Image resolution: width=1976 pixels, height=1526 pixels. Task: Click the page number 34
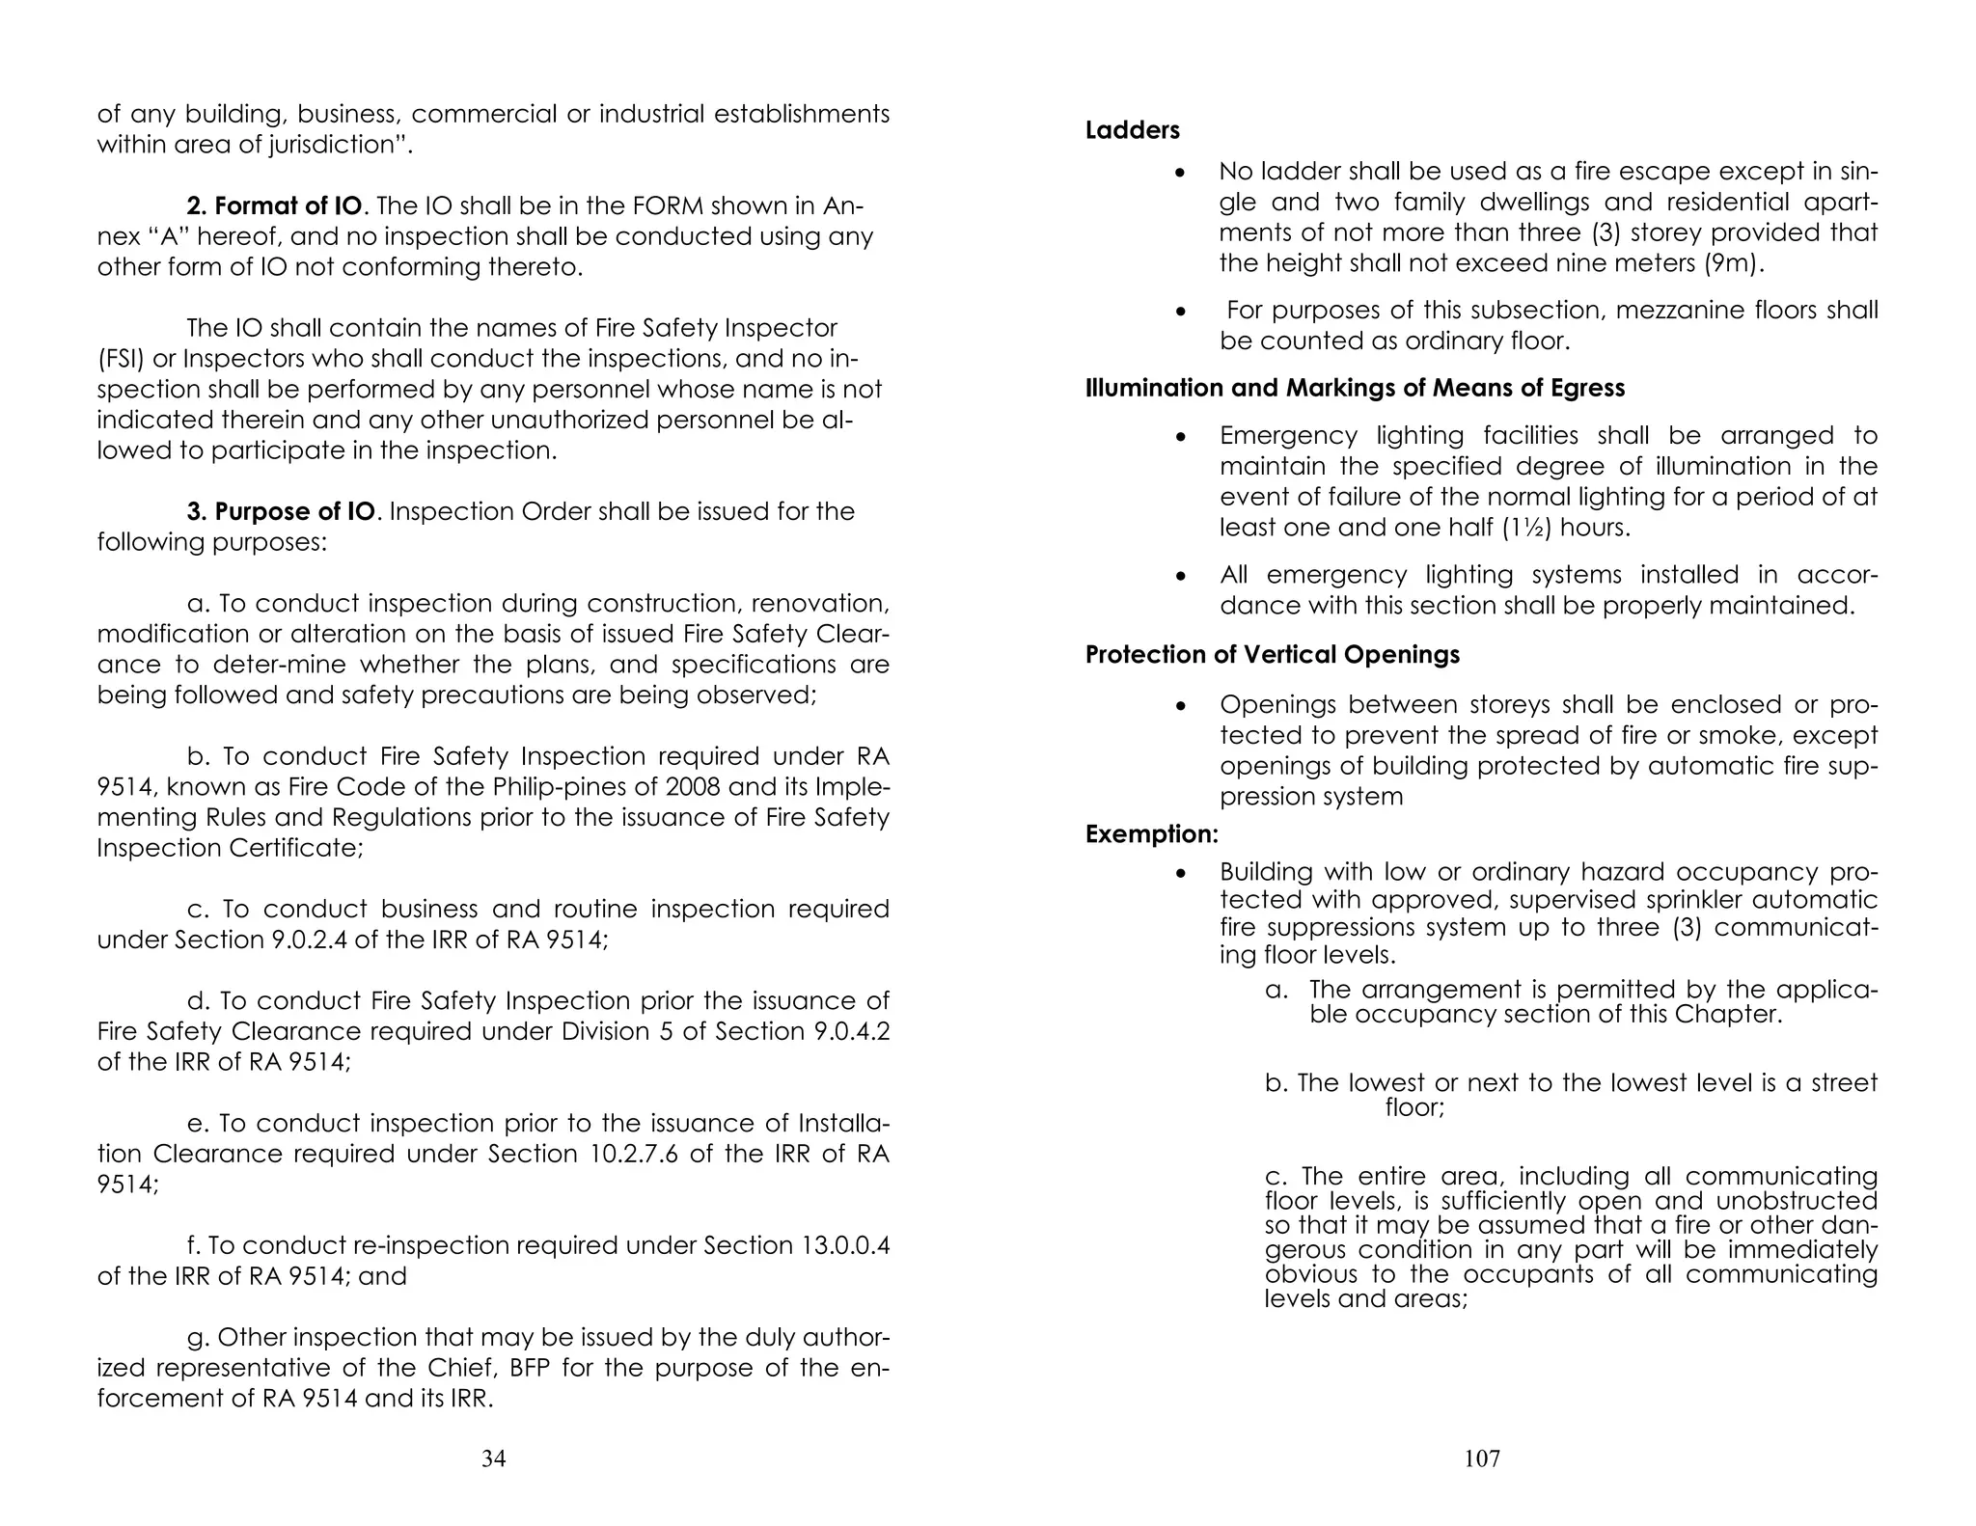pos(493,1458)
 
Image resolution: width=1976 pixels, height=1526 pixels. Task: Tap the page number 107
pos(1482,1458)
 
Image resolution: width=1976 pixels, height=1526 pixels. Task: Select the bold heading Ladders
pos(1132,130)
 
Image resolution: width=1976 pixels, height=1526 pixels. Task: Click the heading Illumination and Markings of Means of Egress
pos(1355,388)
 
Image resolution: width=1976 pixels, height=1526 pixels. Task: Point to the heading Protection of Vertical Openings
pos(1272,654)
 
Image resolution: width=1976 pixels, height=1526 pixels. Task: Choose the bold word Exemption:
pos(1151,833)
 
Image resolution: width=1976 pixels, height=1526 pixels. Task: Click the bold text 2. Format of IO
pos(275,205)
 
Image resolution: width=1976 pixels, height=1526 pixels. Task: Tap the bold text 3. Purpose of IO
pos(280,511)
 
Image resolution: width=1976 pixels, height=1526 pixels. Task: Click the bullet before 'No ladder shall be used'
pos(1179,173)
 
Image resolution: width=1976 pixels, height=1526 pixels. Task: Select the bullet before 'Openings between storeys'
pos(1179,706)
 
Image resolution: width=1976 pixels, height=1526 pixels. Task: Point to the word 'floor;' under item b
pos(1414,1107)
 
